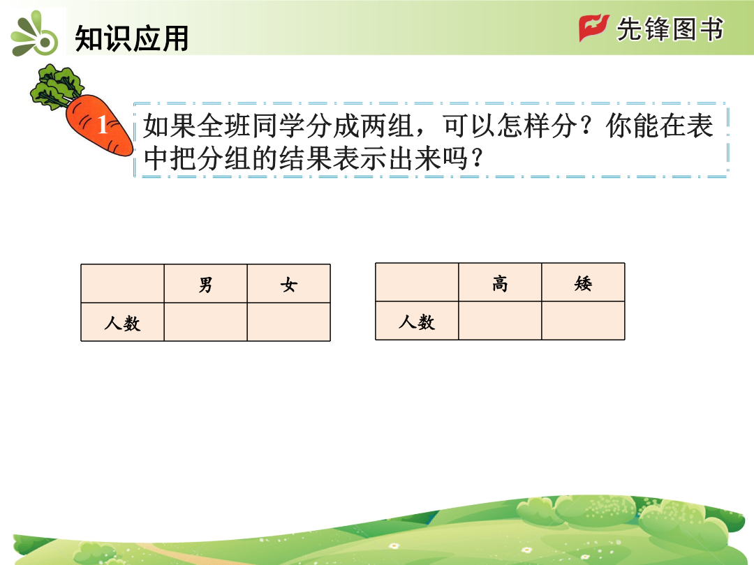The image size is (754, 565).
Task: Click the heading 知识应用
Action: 131,38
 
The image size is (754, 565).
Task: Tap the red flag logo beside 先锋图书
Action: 594,28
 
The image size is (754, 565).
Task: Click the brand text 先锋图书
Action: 670,29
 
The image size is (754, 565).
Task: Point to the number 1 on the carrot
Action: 103,124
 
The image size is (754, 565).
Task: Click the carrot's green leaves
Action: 57,87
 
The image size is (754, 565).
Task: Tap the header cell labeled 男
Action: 206,283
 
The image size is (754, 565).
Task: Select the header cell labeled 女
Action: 289,283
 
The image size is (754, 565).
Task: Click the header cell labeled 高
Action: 500,282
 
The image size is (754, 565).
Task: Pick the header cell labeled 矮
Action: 583,282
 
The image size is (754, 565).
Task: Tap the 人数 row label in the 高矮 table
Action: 417,321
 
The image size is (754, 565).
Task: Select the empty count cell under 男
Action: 206,322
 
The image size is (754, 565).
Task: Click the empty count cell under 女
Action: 289,322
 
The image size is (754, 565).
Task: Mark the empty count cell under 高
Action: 500,321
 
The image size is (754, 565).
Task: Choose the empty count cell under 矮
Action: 583,321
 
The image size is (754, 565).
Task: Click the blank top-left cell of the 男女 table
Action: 123,283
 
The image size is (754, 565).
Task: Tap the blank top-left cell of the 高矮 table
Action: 417,282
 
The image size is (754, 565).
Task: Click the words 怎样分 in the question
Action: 537,126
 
